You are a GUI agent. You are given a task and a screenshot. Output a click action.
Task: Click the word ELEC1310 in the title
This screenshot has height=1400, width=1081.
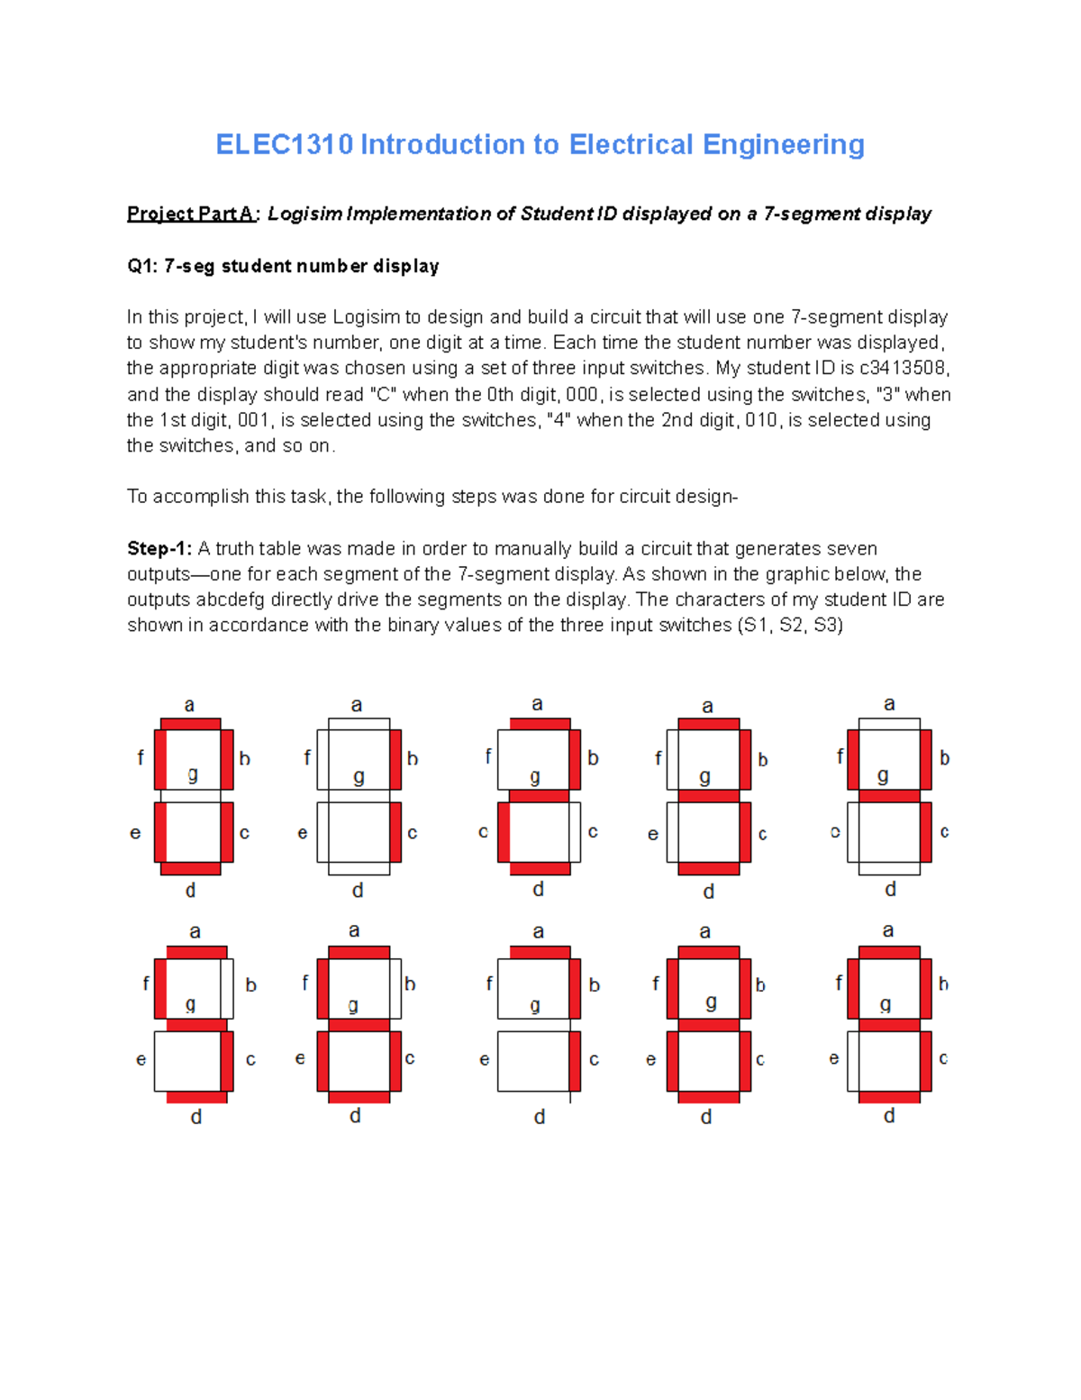(x=284, y=144)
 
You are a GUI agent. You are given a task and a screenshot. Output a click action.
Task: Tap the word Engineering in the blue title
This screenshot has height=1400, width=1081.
(x=783, y=144)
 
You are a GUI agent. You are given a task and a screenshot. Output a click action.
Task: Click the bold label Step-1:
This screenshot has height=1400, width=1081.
(x=159, y=548)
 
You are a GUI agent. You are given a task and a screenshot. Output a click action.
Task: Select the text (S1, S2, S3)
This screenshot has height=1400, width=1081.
(x=789, y=625)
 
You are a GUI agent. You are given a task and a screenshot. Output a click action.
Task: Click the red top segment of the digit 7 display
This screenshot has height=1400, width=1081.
(x=540, y=952)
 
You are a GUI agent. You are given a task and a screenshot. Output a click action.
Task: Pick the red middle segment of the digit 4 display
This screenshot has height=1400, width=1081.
(x=889, y=796)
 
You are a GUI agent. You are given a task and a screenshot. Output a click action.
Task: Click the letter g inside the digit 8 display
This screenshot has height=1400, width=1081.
(x=711, y=1002)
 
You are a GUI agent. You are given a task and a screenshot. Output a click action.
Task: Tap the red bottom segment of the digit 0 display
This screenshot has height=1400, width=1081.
(x=190, y=868)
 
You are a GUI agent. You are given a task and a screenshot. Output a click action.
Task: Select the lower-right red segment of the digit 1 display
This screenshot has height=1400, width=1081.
(x=395, y=832)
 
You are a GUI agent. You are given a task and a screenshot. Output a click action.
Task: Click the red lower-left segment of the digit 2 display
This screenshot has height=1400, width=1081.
(x=504, y=832)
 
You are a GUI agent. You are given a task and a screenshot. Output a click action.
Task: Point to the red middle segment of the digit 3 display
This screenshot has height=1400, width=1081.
(x=708, y=796)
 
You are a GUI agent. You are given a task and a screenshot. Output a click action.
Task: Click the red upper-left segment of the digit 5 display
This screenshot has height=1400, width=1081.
(x=160, y=988)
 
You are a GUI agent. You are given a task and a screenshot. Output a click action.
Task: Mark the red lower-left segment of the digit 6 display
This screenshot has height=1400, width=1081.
(x=322, y=1061)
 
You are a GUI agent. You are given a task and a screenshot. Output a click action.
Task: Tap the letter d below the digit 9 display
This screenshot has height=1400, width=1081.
(x=889, y=1116)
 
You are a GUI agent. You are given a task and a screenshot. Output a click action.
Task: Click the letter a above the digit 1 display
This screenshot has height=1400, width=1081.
(x=357, y=705)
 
